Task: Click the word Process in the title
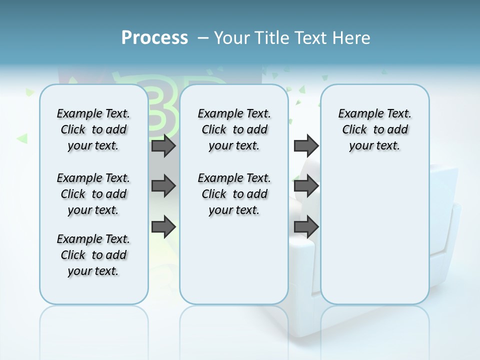(x=154, y=37)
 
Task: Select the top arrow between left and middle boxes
(x=163, y=145)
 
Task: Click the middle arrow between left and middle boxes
(x=163, y=186)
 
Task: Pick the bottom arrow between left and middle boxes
(x=163, y=227)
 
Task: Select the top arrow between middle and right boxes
(x=306, y=145)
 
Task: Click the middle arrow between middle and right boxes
(x=306, y=186)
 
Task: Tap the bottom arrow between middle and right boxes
(x=306, y=227)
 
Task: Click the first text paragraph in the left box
(x=93, y=129)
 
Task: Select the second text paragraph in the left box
(x=93, y=194)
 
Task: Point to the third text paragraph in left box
(x=93, y=255)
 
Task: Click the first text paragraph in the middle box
(x=234, y=129)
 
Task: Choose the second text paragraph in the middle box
(x=234, y=194)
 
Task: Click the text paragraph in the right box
(x=374, y=129)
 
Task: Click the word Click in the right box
(x=354, y=130)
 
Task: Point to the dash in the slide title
(x=203, y=38)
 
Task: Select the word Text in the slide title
(x=311, y=38)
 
